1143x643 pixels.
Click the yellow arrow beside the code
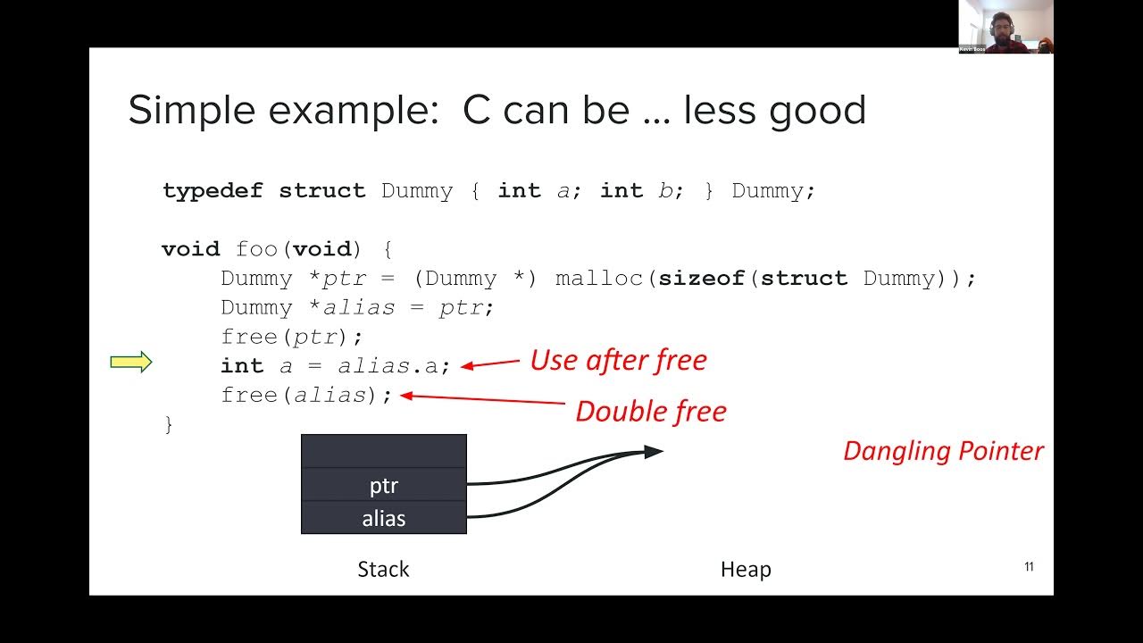click(x=130, y=362)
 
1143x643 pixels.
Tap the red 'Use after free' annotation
click(x=618, y=360)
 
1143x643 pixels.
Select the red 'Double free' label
click(x=650, y=412)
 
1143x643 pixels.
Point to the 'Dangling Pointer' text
click(x=943, y=451)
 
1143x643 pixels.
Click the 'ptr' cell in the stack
click(x=384, y=486)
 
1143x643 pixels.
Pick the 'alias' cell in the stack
click(x=384, y=519)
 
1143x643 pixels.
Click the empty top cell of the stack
click(x=384, y=452)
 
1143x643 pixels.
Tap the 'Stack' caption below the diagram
click(x=383, y=570)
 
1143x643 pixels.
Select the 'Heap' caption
click(x=746, y=570)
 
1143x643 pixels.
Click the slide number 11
click(x=1029, y=567)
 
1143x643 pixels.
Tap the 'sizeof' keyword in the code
click(x=702, y=279)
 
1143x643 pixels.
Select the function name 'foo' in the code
click(x=257, y=249)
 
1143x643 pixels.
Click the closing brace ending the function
click(x=169, y=424)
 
